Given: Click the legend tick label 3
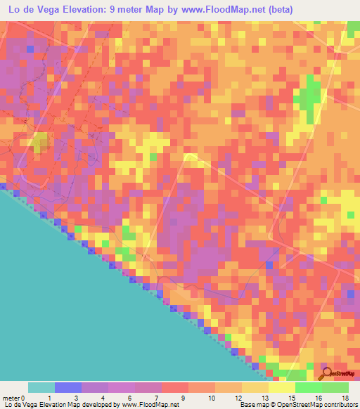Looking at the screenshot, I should point(82,397).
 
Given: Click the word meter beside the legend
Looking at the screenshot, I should point(11,397).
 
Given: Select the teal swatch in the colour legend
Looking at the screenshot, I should point(41,387).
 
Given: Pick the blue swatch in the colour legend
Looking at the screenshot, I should point(68,387).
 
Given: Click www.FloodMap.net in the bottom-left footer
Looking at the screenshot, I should point(150,405).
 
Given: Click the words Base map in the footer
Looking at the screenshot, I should point(251,405).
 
